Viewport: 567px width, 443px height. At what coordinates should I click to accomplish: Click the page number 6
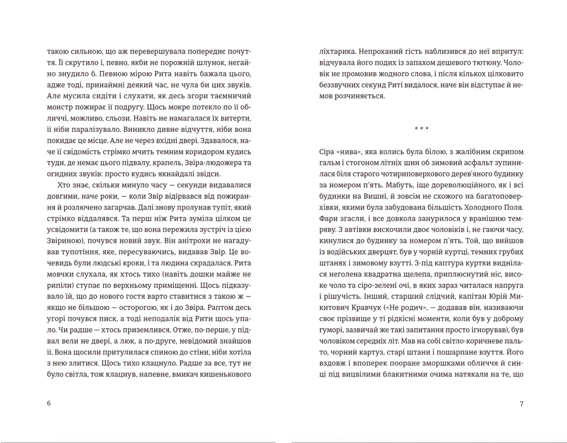[x=49, y=403]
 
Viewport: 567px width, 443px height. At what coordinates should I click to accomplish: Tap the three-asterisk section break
[x=421, y=129]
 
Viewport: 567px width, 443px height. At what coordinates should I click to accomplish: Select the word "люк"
[x=127, y=341]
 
